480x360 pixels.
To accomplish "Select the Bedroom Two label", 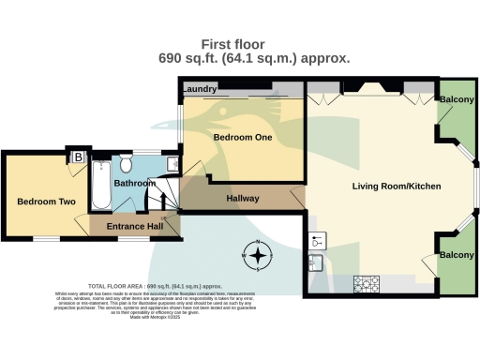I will tap(43, 201).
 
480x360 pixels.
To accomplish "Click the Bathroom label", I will tap(135, 184).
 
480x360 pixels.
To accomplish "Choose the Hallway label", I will tap(242, 198).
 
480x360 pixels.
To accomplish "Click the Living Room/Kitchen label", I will tap(396, 186).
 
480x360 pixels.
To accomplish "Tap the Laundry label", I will tap(200, 90).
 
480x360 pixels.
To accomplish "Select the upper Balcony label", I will tap(457, 100).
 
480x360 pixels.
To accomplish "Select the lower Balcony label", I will tap(457, 255).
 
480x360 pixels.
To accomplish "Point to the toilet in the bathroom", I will tap(125, 162).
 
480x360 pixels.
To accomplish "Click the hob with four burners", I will tap(365, 283).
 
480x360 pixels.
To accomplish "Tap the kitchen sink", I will tap(316, 262).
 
